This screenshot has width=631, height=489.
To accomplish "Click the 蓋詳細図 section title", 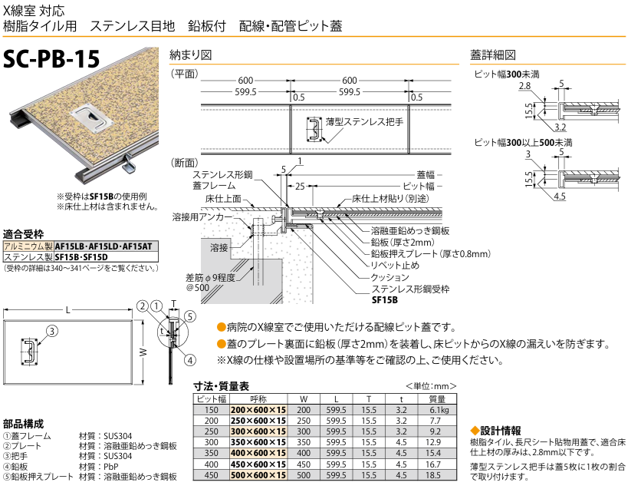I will (x=492, y=55).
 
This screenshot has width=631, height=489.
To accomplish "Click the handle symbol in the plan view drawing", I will (x=314, y=130).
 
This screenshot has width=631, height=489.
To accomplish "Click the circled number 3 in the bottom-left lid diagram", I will (x=51, y=331).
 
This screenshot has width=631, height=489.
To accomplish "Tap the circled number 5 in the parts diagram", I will (x=189, y=316).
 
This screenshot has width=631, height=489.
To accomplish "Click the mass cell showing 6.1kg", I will (x=437, y=411).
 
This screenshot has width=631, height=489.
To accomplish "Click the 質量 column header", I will (x=437, y=399).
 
